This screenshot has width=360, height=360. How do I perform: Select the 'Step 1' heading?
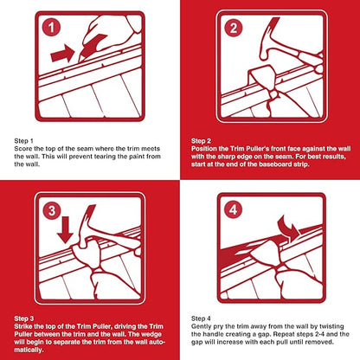pos(25,140)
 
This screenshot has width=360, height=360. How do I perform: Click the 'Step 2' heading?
pos(205,140)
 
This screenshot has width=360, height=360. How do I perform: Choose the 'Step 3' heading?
pos(25,319)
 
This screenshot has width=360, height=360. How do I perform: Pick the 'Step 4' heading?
pos(205,319)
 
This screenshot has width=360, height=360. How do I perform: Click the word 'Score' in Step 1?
pos(25,148)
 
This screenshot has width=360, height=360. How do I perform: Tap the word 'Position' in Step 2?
pos(209,148)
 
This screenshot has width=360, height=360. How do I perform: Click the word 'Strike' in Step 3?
pos(25,327)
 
